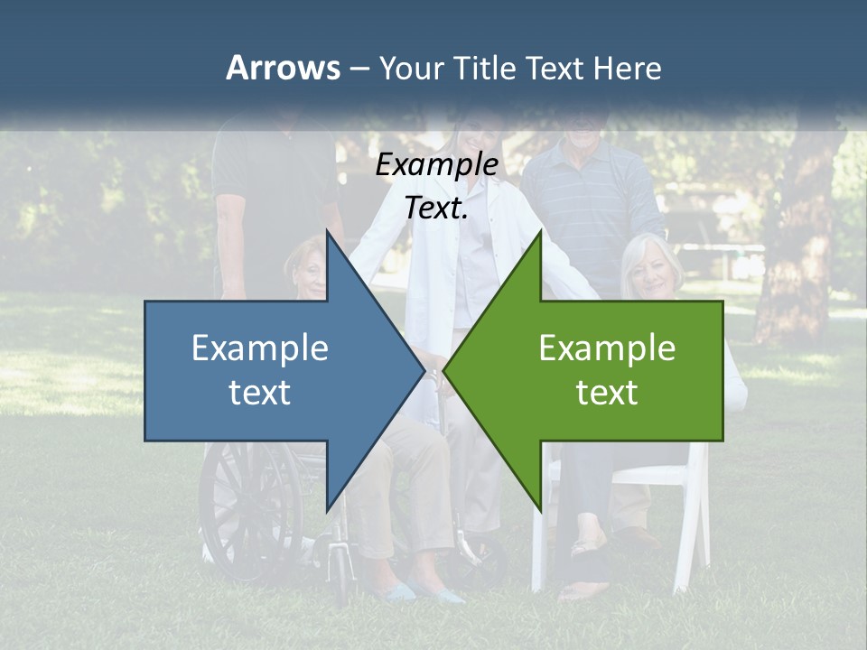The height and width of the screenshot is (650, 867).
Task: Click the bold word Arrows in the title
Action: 282,68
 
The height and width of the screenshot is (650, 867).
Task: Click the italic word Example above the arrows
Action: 436,165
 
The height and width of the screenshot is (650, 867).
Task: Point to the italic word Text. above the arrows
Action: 436,209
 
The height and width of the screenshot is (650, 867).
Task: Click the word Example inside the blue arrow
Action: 260,348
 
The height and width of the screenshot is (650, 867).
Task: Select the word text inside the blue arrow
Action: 260,393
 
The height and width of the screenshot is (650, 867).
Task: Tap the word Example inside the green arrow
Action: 607,348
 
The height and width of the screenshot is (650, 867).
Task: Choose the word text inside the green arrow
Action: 607,393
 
